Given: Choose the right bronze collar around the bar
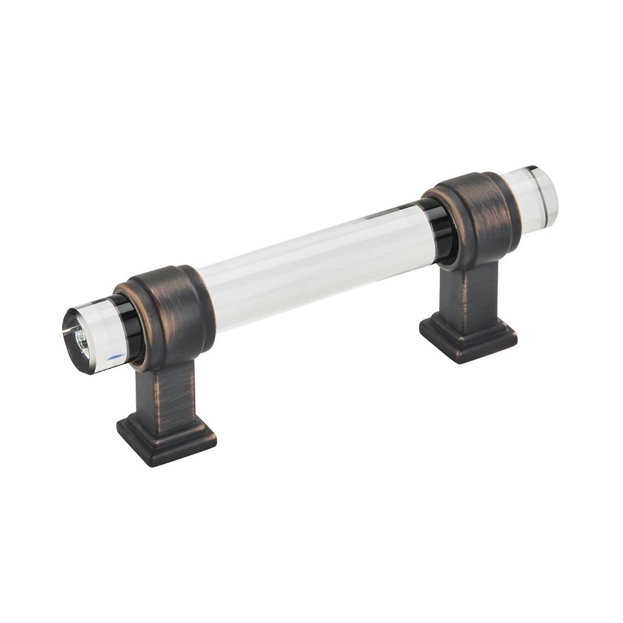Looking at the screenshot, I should click(x=481, y=216).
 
